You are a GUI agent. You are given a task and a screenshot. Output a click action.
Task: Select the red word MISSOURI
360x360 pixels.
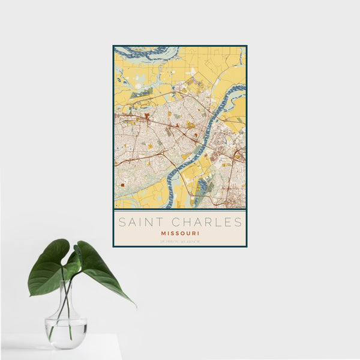click(x=179, y=233)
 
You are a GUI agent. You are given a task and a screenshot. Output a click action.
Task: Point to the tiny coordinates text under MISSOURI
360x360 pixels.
click(x=179, y=241)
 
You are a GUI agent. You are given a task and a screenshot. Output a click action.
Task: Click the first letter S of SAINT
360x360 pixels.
click(x=121, y=222)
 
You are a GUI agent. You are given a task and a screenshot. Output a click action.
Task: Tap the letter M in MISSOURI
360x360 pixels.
click(x=163, y=233)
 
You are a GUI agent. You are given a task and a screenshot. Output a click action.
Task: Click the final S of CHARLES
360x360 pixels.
click(x=238, y=222)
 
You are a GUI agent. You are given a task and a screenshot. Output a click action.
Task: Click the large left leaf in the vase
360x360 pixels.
click(x=49, y=268)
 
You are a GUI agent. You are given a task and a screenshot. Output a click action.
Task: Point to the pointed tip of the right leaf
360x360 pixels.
click(x=135, y=307)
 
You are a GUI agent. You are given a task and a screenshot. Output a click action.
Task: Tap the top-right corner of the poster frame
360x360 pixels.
click(x=246, y=46)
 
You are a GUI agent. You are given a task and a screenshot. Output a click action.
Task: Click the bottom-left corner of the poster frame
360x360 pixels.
click(x=113, y=246)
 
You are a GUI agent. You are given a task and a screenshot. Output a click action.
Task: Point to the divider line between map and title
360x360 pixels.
click(x=179, y=209)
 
